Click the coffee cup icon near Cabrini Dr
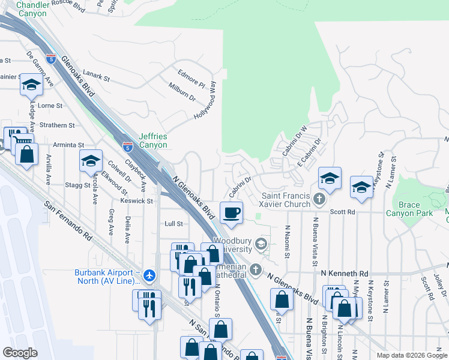point(232,212)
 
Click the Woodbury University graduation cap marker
point(261,244)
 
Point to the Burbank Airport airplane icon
point(149,275)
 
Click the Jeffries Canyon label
point(153,140)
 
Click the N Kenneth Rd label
point(344,273)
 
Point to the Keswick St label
point(138,201)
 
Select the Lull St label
point(173,223)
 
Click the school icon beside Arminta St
point(91,161)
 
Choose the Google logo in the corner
point(20,352)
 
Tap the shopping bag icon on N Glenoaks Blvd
point(281,299)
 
